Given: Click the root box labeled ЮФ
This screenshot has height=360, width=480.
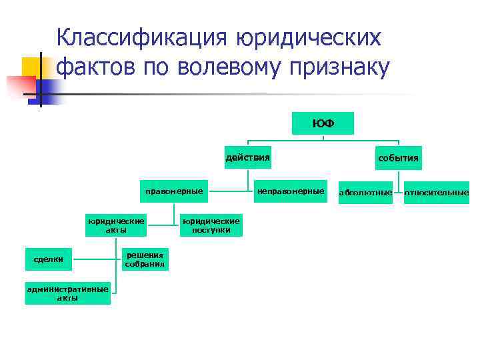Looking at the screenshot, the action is [x=323, y=123].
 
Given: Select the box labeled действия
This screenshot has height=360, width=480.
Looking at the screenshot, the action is [x=248, y=158].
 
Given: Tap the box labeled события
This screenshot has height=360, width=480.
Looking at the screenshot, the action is [x=398, y=159].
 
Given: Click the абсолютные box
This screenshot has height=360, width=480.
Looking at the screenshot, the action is [x=365, y=193].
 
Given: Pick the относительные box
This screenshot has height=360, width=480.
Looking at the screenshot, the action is [x=436, y=193].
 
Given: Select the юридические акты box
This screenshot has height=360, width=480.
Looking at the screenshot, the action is [x=116, y=225].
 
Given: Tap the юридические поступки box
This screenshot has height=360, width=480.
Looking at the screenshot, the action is [x=211, y=225].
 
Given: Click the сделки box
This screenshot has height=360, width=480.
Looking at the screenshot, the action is [x=49, y=259].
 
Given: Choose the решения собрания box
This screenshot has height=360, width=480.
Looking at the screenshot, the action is [x=145, y=259].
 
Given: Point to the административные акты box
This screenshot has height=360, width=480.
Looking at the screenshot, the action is [x=67, y=293].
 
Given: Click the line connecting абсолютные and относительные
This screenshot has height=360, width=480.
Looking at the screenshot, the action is [x=398, y=193].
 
